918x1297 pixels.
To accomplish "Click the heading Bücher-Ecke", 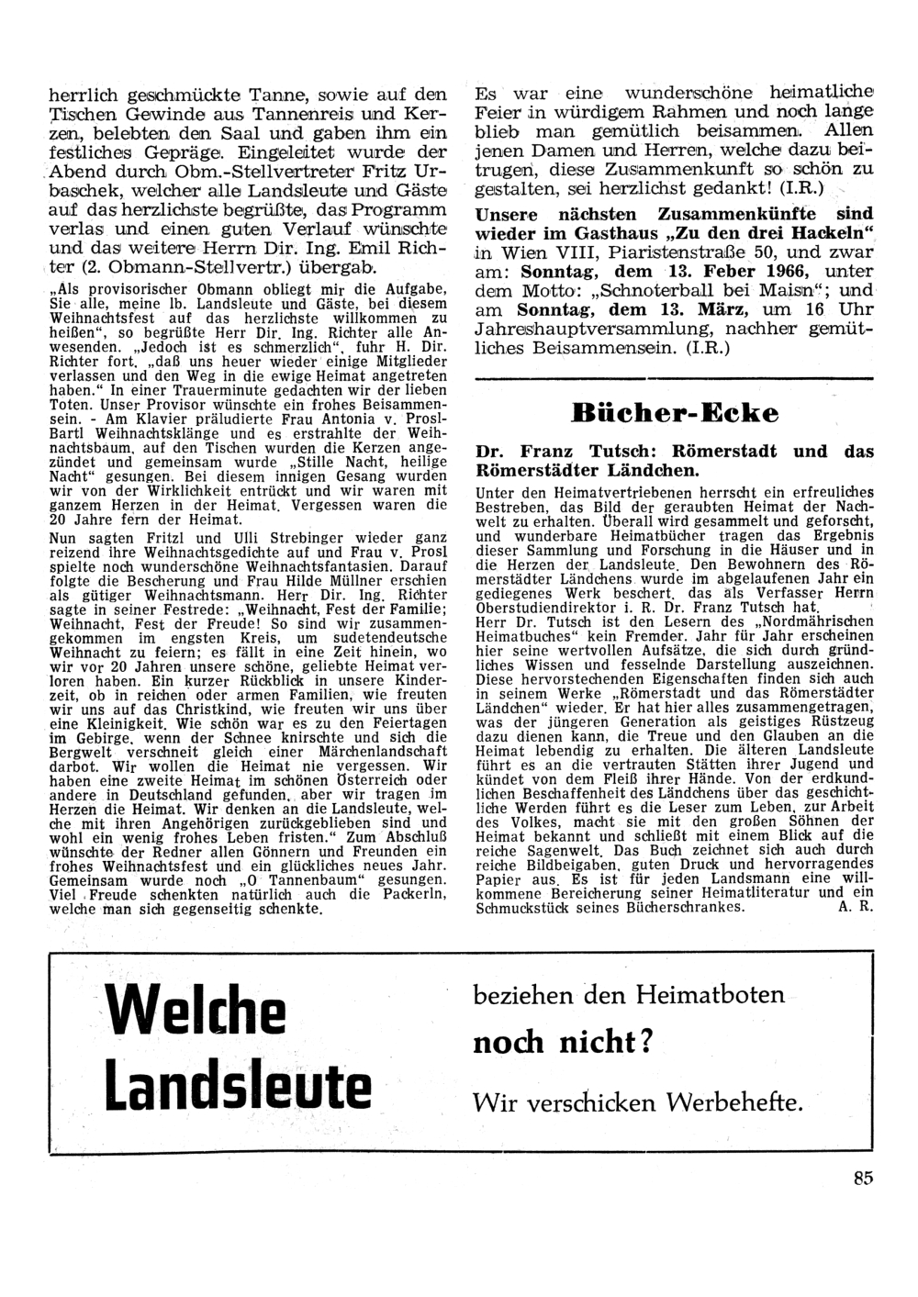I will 674,412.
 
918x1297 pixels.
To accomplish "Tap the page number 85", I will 862,1180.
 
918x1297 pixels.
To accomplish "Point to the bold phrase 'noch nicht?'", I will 562,1043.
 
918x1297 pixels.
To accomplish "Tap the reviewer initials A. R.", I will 855,908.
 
